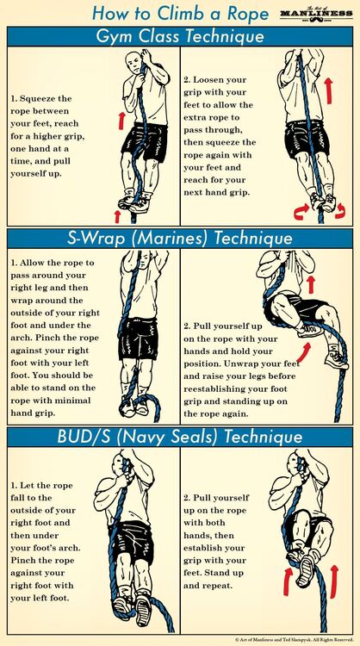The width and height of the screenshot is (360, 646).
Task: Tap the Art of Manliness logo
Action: pos(316,15)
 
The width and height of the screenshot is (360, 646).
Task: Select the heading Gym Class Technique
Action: pos(180,37)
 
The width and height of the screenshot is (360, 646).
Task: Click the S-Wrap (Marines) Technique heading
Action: pos(180,239)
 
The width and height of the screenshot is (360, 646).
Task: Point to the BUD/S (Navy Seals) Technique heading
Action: pos(180,437)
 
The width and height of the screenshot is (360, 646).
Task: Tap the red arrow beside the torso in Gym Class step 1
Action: pos(121,120)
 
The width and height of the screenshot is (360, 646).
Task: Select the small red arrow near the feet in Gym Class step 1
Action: pos(117,216)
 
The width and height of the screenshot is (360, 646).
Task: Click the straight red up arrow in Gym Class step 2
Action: pos(328,90)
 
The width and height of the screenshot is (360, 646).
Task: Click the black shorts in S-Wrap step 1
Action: pos(138,339)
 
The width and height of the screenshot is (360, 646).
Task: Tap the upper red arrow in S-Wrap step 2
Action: pos(311,284)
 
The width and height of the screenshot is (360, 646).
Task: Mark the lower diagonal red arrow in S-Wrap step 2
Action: pos(303,352)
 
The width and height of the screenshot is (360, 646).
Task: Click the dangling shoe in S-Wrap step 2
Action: pos(337,360)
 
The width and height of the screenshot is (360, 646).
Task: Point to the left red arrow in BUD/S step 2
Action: pos(288,581)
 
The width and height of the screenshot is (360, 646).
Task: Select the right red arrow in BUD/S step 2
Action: pos(333,581)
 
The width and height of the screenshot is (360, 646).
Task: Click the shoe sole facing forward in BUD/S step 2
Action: pos(307,570)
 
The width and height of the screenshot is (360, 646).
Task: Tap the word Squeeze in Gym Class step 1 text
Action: pos(46,99)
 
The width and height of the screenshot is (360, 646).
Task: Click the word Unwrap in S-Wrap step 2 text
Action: pos(255,364)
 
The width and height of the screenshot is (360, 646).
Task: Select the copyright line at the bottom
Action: pos(294,640)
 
